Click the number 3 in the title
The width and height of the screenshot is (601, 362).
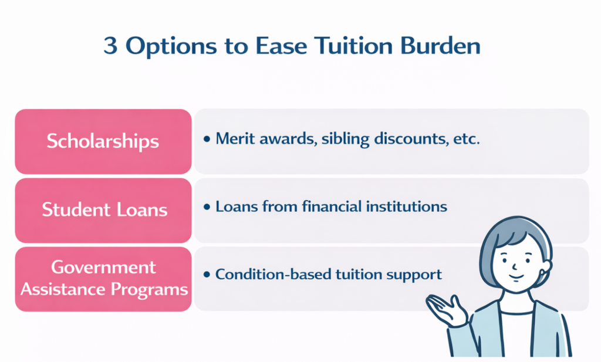[x=111, y=46]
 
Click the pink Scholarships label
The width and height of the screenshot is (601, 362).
[x=103, y=141]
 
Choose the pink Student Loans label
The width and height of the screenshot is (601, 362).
[x=103, y=210]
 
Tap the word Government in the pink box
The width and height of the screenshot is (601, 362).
[x=103, y=268]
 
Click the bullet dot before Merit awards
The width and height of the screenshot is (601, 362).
[x=207, y=141]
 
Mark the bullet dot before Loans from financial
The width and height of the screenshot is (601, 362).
[x=207, y=208]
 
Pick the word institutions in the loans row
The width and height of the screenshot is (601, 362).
[x=412, y=207]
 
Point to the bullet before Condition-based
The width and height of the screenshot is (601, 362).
[x=207, y=275]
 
